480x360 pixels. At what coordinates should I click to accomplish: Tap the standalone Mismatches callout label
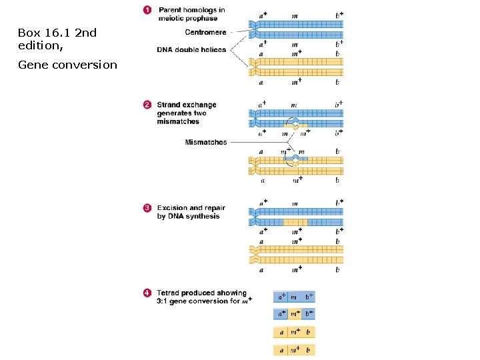click(x=206, y=142)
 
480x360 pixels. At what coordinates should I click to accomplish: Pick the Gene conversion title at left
click(x=67, y=65)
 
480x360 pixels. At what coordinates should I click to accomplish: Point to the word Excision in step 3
click(x=173, y=208)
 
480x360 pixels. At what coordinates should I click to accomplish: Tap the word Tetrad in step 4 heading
click(x=169, y=293)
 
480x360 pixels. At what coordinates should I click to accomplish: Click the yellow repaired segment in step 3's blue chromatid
click(x=295, y=222)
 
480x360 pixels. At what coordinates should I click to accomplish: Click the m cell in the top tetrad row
click(x=295, y=296)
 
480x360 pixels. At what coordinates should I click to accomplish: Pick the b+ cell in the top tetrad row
click(x=309, y=296)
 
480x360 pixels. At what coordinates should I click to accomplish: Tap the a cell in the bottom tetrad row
click(x=281, y=350)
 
